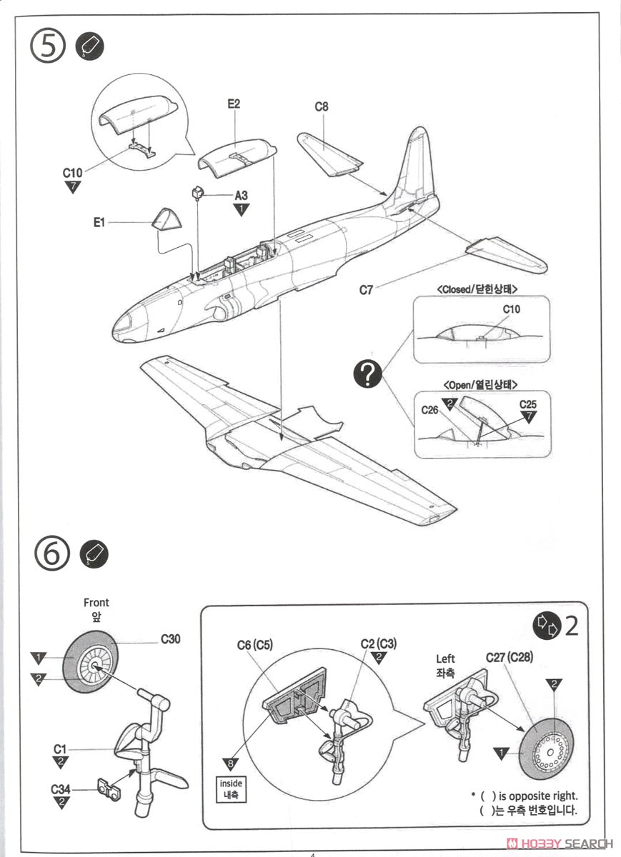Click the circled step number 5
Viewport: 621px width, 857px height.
point(49,47)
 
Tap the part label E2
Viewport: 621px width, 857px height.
point(234,104)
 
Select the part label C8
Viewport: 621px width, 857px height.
point(322,107)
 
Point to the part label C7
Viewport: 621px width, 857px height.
point(365,290)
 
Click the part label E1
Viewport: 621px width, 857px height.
point(99,223)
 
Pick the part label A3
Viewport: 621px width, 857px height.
point(242,195)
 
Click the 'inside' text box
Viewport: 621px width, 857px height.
point(231,788)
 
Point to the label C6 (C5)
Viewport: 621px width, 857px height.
point(255,645)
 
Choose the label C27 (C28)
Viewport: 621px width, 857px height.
point(510,657)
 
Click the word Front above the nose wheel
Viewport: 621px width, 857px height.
point(96,603)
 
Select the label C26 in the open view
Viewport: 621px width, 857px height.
point(429,410)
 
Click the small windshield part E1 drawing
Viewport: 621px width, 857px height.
point(166,217)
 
